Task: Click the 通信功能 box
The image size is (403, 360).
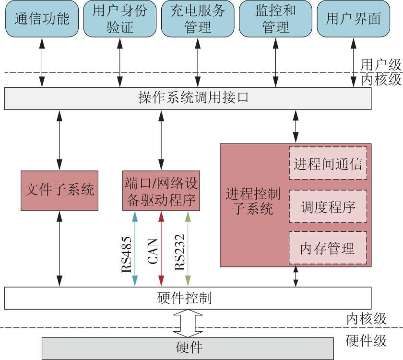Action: pyautogui.click(x=42, y=19)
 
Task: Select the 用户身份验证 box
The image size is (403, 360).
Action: pyautogui.click(x=119, y=19)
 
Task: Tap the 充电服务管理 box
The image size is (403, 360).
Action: pyautogui.click(x=197, y=19)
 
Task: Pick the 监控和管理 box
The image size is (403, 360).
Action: pyautogui.click(x=275, y=19)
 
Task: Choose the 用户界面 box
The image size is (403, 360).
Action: pyautogui.click(x=353, y=19)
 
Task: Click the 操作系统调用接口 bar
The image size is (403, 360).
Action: pyautogui.click(x=188, y=98)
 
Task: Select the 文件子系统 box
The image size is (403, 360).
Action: pyautogui.click(x=59, y=190)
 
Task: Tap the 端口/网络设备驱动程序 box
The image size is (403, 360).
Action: pyautogui.click(x=161, y=190)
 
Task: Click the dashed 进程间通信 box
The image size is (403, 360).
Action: pyautogui.click(x=328, y=163)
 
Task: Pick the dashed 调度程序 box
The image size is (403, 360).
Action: pyautogui.click(x=328, y=207)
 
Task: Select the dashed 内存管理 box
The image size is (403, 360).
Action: pyautogui.click(x=328, y=248)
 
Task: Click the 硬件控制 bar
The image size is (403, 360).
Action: pyautogui.click(x=188, y=298)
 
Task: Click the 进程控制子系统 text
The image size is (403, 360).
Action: pyautogui.click(x=253, y=202)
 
